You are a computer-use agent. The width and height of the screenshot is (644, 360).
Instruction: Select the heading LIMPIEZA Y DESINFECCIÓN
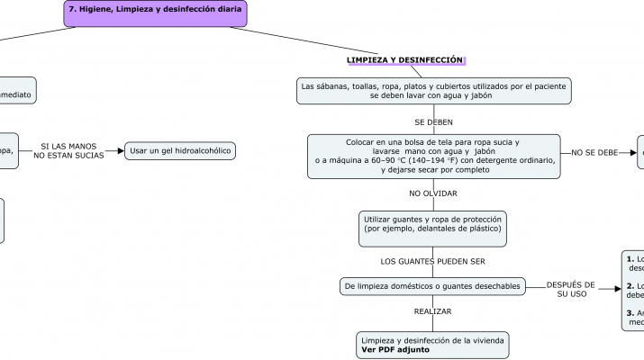click(x=404, y=59)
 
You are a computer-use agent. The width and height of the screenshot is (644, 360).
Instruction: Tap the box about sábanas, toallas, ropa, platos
click(x=434, y=90)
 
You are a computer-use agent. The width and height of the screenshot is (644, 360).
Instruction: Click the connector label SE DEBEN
click(x=433, y=121)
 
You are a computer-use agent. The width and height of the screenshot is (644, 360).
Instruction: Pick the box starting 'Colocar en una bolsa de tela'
click(x=433, y=156)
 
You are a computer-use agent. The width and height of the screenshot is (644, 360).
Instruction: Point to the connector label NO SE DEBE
click(x=594, y=153)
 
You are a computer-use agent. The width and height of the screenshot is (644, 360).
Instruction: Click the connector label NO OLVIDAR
click(x=433, y=193)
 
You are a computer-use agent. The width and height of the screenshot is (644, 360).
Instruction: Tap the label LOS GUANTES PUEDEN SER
click(x=433, y=261)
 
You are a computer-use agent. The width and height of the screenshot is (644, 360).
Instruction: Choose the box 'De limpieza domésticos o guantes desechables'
click(x=432, y=286)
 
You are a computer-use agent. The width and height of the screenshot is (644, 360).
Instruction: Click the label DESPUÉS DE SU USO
click(x=571, y=289)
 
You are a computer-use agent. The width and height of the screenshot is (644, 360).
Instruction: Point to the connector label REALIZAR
click(x=433, y=311)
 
